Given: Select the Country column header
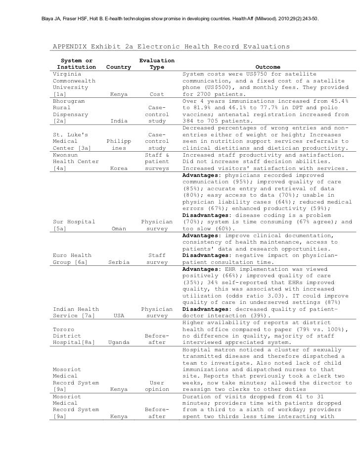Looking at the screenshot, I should tap(119, 67).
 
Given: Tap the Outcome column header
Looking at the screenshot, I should tap(268, 67).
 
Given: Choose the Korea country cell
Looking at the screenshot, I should tap(119, 169).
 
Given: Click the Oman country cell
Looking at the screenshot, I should tap(119, 229).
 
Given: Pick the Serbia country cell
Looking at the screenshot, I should tap(119, 262).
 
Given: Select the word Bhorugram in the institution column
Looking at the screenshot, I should tap(70, 101).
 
